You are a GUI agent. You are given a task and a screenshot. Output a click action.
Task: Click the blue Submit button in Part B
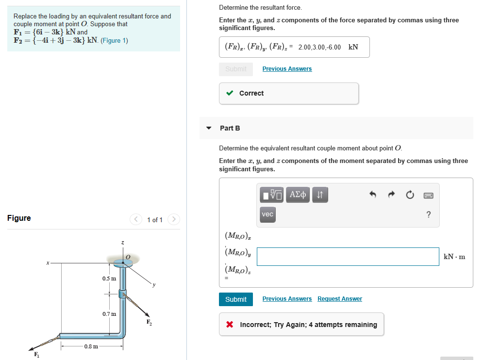point(236,299)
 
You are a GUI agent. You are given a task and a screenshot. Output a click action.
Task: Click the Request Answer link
point(339,299)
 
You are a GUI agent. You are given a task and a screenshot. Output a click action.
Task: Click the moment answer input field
point(348,257)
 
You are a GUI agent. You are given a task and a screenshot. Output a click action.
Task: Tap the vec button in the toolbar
point(267,214)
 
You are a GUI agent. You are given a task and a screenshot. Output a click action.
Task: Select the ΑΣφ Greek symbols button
point(298,195)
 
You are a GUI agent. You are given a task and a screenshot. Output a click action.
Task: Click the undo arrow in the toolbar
point(373,195)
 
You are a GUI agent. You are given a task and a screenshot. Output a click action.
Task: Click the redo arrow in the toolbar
point(391,195)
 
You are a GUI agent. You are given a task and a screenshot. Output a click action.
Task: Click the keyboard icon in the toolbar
point(428,195)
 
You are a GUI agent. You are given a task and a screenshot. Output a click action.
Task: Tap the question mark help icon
point(428,215)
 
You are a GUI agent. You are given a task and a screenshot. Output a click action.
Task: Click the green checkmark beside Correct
point(230,93)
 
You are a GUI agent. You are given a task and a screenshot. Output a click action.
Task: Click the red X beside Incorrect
point(230,325)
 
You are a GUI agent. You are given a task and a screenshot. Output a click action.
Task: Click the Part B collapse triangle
point(209,128)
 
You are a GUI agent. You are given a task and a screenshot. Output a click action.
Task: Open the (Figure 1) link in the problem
point(114,40)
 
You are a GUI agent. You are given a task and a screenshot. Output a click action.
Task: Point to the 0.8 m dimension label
point(91,346)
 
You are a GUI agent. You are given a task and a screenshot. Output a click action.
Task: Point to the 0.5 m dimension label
point(109,278)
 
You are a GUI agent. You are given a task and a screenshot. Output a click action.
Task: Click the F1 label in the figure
point(35,354)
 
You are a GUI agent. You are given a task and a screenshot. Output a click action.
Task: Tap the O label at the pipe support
point(128,256)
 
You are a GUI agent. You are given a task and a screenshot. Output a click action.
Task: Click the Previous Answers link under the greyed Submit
point(287,69)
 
